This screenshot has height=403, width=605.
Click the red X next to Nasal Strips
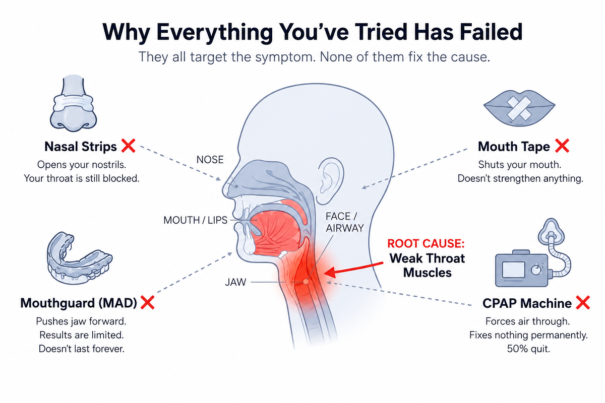click(128, 146)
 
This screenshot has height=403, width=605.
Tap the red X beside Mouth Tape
click(562, 146)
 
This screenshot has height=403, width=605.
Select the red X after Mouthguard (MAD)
click(147, 302)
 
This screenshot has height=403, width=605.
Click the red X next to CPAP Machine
click(583, 302)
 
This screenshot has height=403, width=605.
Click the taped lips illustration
click(519, 108)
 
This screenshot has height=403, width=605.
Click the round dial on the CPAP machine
click(536, 270)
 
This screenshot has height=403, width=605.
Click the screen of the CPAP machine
click(513, 270)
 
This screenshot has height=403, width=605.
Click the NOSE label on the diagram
click(210, 160)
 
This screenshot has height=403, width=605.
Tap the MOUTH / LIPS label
click(195, 220)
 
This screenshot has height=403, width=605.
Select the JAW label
click(235, 282)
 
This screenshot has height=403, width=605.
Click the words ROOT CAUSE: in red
click(426, 243)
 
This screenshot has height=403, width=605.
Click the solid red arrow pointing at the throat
click(353, 269)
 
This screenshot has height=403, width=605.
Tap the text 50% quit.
click(528, 349)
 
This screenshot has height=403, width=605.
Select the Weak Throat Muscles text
click(428, 265)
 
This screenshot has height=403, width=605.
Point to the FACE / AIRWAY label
click(345, 222)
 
